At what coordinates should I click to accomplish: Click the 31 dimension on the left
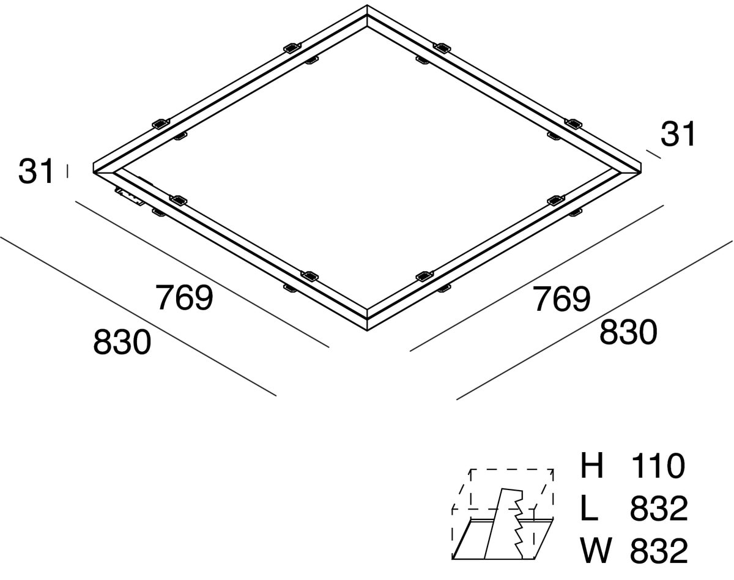(36, 171)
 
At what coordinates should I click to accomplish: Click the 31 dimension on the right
(677, 135)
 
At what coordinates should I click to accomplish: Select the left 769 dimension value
(185, 298)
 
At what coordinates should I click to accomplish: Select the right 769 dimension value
(562, 299)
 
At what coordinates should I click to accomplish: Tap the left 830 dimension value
(122, 341)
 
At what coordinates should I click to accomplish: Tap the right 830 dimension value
(628, 332)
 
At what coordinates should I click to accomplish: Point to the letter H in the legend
(591, 466)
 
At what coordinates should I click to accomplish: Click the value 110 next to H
(658, 466)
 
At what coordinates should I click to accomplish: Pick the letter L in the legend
(589, 508)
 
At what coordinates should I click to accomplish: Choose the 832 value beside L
(659, 508)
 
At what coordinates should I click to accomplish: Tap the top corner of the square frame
(367, 5)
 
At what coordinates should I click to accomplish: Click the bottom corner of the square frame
(367, 330)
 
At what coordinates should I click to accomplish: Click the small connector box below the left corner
(130, 197)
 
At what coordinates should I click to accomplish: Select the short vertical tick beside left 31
(67, 171)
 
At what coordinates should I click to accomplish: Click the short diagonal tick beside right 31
(653, 154)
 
